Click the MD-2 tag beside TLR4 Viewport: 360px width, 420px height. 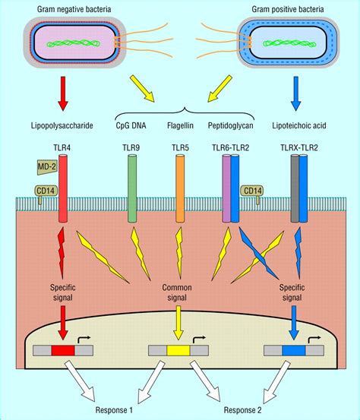pyautogui.click(x=45, y=166)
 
